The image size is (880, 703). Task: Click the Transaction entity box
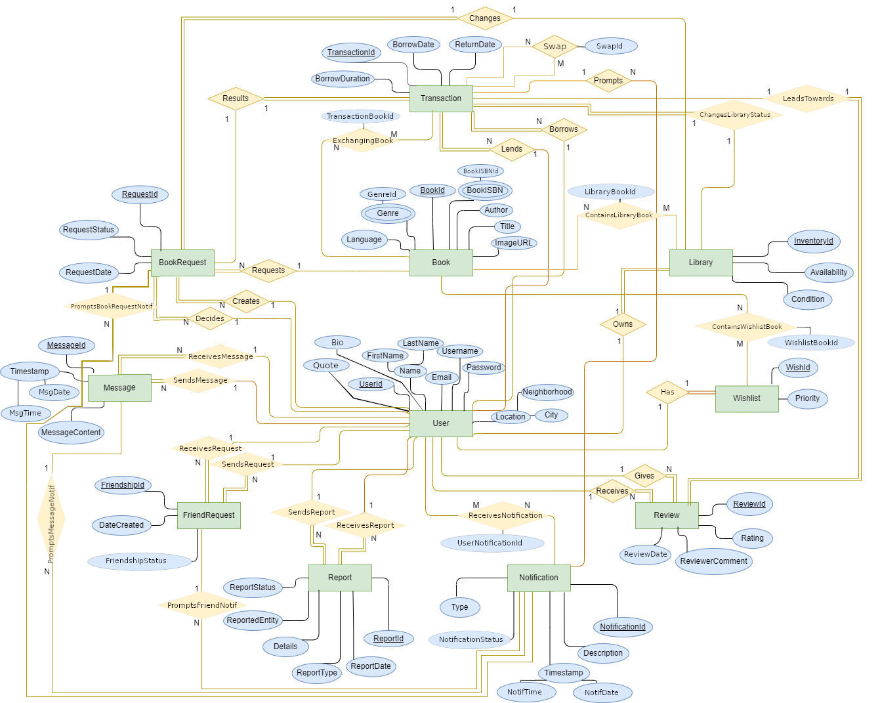(441, 98)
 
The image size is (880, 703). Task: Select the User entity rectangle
(441, 423)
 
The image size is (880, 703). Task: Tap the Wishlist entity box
(747, 398)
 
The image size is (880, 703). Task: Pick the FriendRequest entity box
(209, 515)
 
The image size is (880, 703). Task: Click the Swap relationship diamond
(555, 47)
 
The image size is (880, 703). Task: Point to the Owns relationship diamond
(623, 324)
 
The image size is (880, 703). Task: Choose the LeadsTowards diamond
(808, 99)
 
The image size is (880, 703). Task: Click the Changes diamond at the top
(485, 18)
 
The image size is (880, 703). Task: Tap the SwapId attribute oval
(609, 46)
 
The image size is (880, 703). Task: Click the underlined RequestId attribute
(140, 194)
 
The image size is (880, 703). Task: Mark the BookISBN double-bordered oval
(485, 190)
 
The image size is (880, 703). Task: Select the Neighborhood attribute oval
(547, 392)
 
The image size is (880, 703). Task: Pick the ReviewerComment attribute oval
(713, 561)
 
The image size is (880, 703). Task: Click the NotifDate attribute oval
(601, 692)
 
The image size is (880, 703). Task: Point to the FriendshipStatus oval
(136, 561)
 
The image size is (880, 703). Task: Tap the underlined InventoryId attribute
(813, 241)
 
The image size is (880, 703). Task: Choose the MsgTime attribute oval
(25, 413)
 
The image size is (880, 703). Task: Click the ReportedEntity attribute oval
(253, 620)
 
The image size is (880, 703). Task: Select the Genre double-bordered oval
(388, 213)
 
